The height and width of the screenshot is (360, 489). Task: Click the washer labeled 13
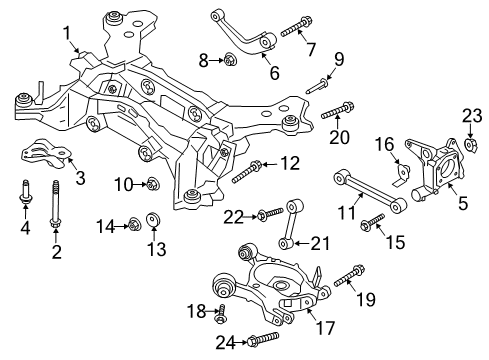click(x=153, y=219)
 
